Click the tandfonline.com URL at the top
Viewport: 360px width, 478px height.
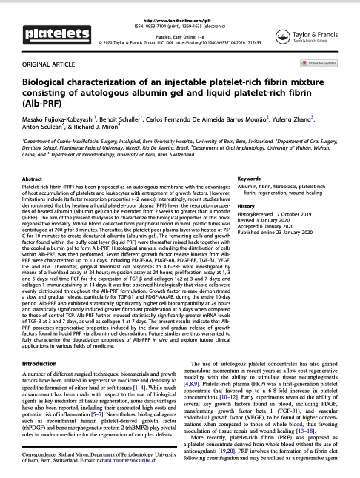180,8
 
